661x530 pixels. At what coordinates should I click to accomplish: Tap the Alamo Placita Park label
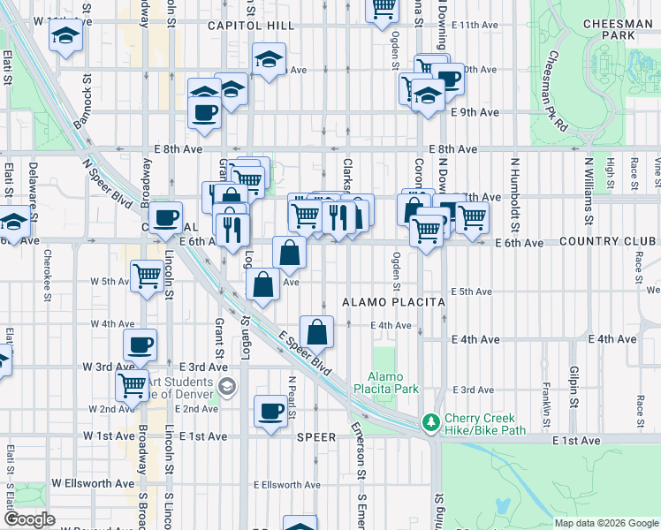pyautogui.click(x=386, y=382)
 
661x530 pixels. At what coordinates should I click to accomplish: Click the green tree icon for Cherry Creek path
pyautogui.click(x=431, y=423)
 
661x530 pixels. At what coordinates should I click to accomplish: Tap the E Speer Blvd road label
pyautogui.click(x=304, y=352)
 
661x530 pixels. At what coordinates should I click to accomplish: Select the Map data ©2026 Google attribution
pyautogui.click(x=606, y=523)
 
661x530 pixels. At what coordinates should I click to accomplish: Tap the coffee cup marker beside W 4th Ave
pyautogui.click(x=140, y=345)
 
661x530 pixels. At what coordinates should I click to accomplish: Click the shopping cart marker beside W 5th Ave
pyautogui.click(x=148, y=275)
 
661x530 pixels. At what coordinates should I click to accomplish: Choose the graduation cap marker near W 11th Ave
pyautogui.click(x=65, y=38)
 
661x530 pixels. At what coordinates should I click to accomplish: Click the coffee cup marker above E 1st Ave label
pyautogui.click(x=271, y=411)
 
